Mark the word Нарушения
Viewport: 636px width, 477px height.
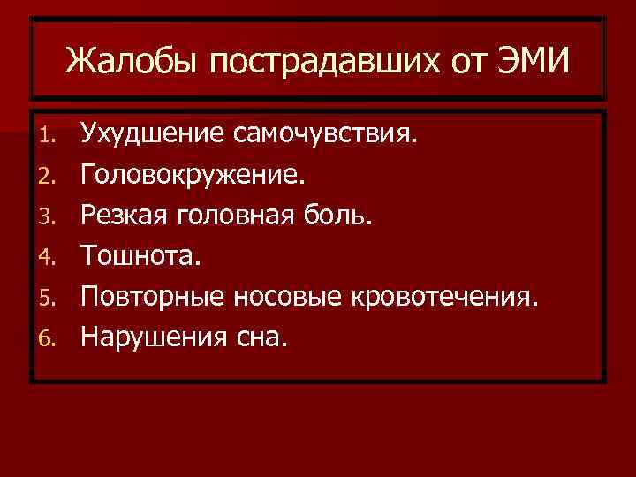point(152,336)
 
